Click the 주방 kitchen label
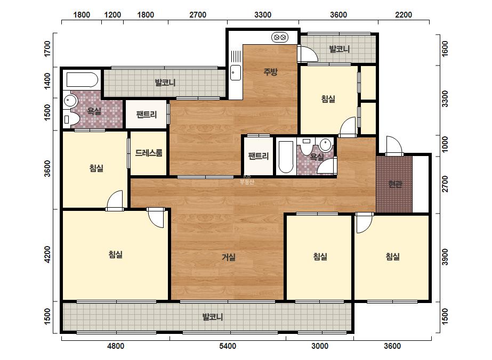click(x=270, y=72)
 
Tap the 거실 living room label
click(x=229, y=257)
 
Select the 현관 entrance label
click(x=395, y=184)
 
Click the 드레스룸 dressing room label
click(x=149, y=153)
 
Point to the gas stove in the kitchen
click(x=279, y=38)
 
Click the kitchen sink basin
click(x=235, y=72)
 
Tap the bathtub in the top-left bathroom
click(x=82, y=80)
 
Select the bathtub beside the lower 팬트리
click(x=286, y=157)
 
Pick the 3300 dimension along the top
click(x=263, y=15)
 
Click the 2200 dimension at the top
click(x=404, y=15)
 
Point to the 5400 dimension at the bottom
click(x=228, y=346)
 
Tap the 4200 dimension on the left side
click(x=47, y=255)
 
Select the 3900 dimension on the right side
click(x=445, y=257)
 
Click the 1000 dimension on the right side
click(x=445, y=144)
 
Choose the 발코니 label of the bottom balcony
click(x=213, y=317)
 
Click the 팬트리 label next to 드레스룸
click(x=147, y=114)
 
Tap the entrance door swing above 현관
click(x=394, y=145)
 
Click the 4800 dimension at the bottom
click(x=116, y=346)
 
